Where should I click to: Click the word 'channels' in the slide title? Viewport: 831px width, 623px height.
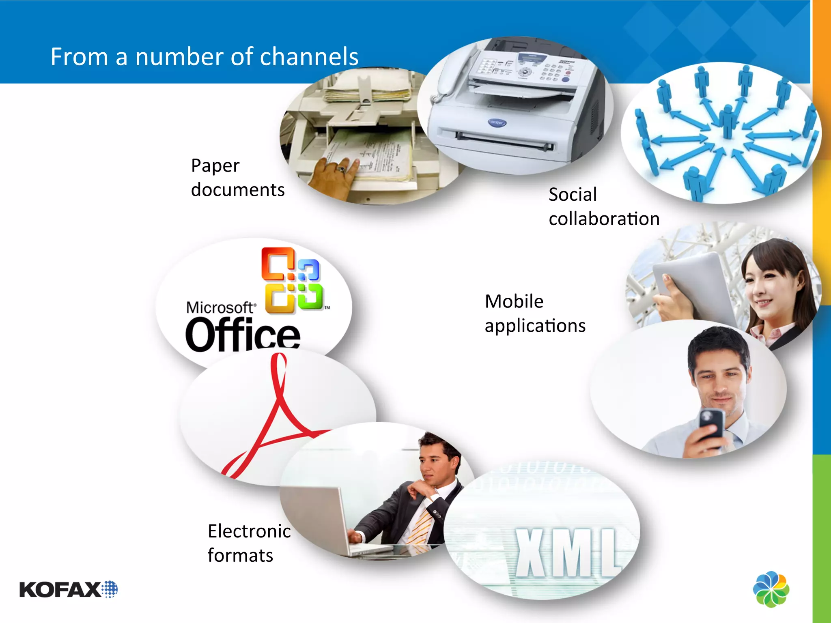[309, 56]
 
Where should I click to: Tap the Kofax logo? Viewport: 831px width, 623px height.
[68, 589]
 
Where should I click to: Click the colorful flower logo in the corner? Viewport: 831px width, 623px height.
[771, 589]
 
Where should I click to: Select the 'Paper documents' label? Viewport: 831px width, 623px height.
[237, 178]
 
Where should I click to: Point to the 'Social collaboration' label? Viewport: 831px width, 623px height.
[604, 207]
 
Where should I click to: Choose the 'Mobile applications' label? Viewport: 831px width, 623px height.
[535, 314]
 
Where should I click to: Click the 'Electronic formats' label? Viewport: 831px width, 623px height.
[249, 543]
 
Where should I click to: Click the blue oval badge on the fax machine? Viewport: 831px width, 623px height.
[497, 122]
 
